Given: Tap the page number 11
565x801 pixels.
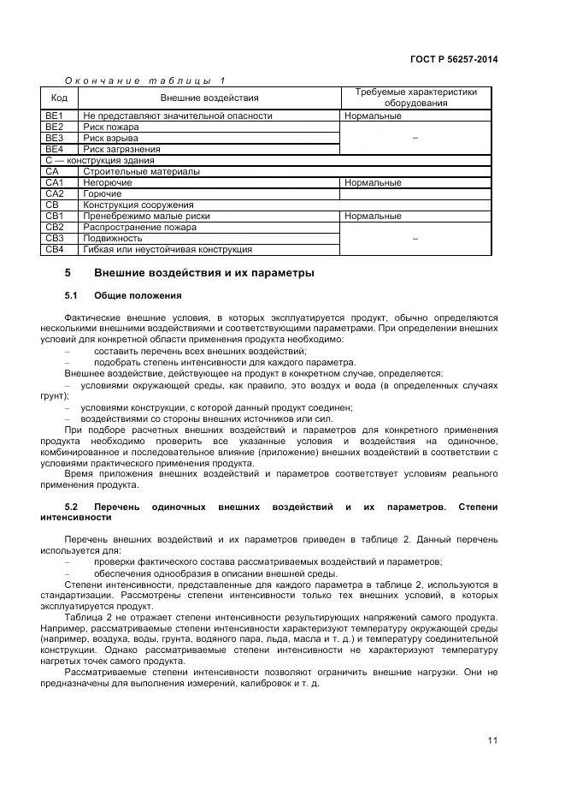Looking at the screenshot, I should click(x=492, y=740).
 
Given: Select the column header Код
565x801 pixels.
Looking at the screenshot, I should click(x=60, y=98).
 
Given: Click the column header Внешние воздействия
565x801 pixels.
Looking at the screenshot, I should click(x=209, y=98).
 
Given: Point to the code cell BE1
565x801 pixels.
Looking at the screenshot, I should click(x=55, y=116).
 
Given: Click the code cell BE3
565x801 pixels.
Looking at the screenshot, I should click(x=55, y=138).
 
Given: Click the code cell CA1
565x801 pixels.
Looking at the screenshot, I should click(x=55, y=182).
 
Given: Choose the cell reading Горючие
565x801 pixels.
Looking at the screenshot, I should click(x=102, y=193).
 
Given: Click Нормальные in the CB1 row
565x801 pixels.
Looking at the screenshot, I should click(x=373, y=217).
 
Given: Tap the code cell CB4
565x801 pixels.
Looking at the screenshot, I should click(x=55, y=249).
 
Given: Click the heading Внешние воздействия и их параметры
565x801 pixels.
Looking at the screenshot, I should click(x=203, y=273).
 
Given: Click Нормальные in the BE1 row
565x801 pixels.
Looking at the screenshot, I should click(x=373, y=116).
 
